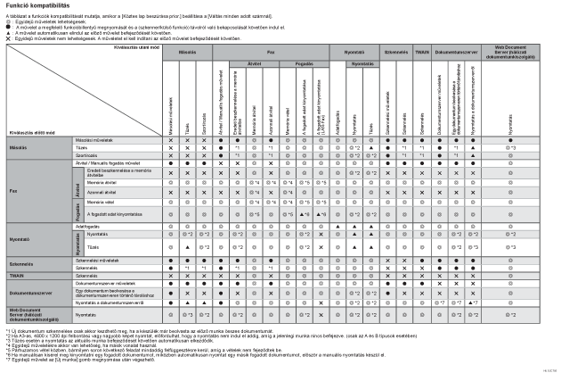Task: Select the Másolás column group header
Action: click(x=188, y=53)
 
